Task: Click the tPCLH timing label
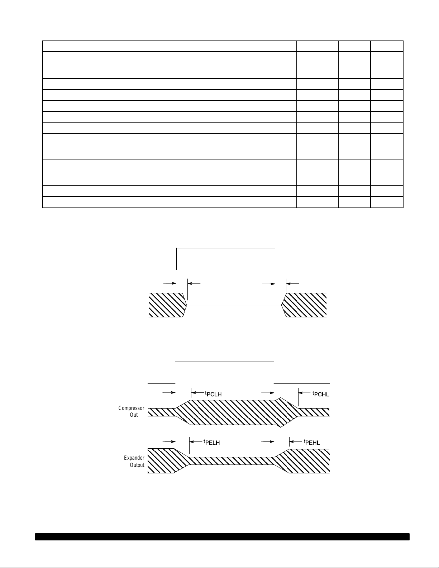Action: (213, 394)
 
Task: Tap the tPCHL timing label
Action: (321, 394)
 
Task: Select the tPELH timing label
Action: (211, 442)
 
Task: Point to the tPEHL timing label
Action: (312, 442)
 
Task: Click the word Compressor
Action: (132, 408)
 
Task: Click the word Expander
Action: (134, 458)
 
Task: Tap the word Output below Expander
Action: (137, 465)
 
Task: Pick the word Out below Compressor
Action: (134, 415)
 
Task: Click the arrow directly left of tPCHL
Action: (305, 393)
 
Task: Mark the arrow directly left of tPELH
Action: (195, 441)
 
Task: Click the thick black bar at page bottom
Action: (222, 536)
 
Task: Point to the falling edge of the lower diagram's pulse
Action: (274, 373)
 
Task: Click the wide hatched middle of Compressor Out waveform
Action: (233, 412)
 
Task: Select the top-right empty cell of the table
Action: (387, 46)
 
